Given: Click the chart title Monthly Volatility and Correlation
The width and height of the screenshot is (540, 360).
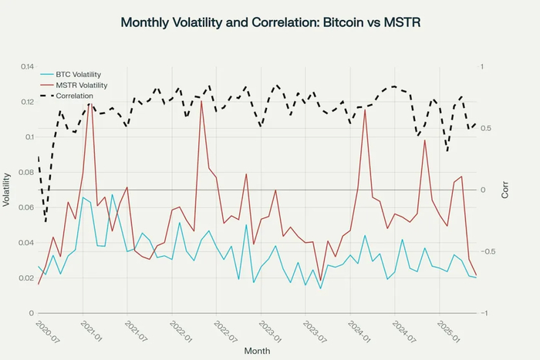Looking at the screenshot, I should pyautogui.click(x=269, y=23).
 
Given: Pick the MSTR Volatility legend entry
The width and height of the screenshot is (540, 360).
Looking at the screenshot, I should pyautogui.click(x=83, y=85).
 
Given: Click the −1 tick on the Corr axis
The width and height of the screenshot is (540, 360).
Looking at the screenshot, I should pyautogui.click(x=483, y=313).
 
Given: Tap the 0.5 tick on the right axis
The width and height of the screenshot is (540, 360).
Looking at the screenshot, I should pyautogui.click(x=485, y=129).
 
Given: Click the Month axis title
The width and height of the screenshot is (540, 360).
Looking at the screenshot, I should pyautogui.click(x=257, y=351).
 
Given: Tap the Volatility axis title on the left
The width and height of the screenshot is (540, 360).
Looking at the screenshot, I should pyautogui.click(x=7, y=190).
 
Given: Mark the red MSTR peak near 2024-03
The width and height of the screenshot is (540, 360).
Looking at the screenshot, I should pyautogui.click(x=364, y=110).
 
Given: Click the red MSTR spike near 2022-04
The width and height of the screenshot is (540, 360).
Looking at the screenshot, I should pyautogui.click(x=201, y=101).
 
